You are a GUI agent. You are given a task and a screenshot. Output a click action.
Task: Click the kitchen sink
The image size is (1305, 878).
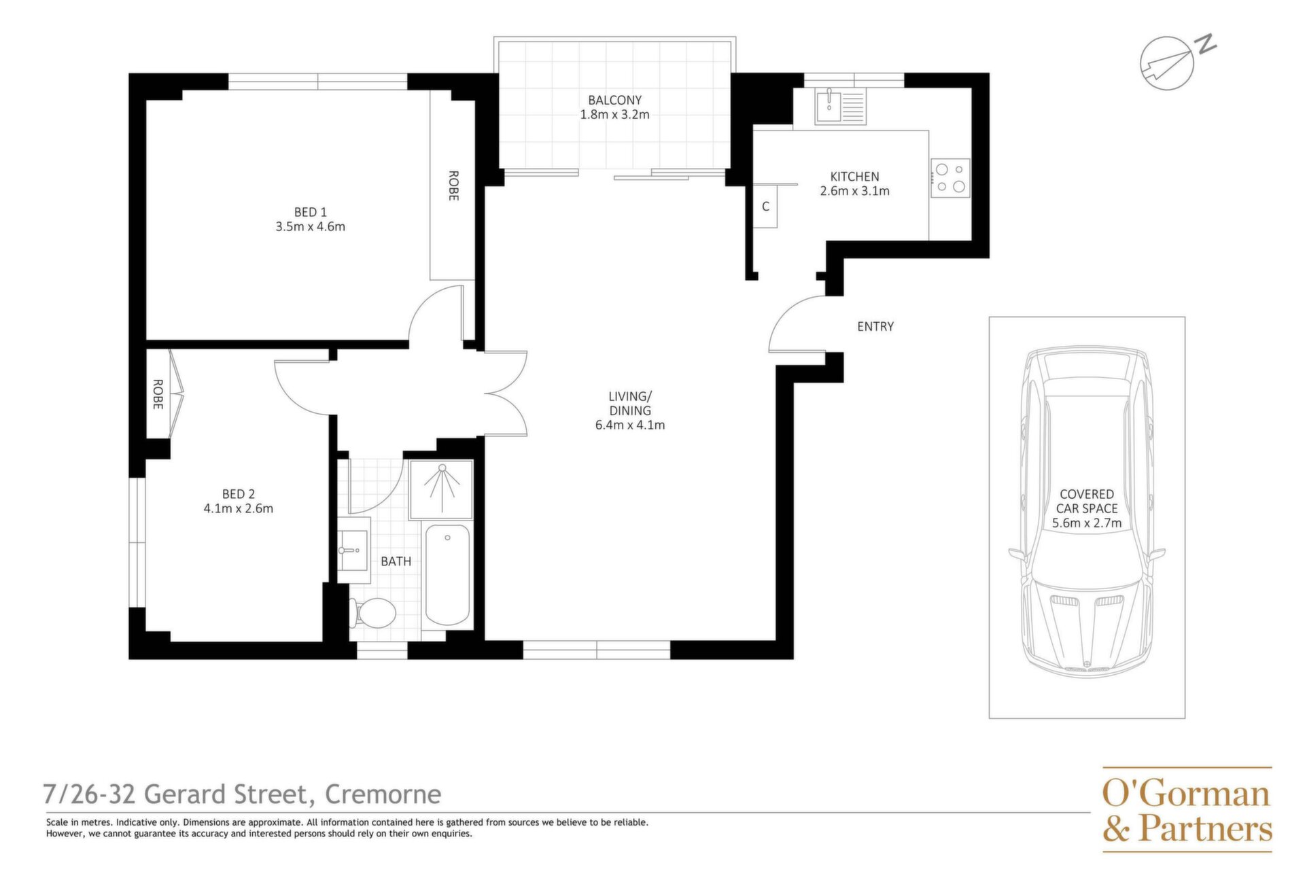tap(841, 107)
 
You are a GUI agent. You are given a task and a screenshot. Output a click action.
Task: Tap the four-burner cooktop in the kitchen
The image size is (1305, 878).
tap(950, 178)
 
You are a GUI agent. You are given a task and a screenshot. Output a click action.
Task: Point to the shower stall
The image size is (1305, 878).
tap(441, 489)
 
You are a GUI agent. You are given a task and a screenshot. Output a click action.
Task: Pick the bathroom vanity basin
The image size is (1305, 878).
tap(353, 550)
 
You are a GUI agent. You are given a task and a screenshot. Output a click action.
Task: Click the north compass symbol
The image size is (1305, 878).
tap(1172, 61)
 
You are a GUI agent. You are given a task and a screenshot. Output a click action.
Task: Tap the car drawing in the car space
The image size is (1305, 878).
tap(1087, 511)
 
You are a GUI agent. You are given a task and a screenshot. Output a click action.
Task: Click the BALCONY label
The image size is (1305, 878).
tap(614, 100)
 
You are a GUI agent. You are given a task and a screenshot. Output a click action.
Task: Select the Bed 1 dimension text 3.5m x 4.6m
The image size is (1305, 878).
tap(311, 226)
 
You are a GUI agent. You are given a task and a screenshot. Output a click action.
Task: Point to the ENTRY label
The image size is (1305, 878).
tap(875, 326)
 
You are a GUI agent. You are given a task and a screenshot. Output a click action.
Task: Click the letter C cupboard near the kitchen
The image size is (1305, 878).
tap(765, 206)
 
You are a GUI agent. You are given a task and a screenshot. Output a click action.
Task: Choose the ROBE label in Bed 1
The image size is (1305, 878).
tap(453, 186)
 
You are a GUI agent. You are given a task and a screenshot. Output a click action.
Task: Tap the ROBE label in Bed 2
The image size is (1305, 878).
tap(158, 394)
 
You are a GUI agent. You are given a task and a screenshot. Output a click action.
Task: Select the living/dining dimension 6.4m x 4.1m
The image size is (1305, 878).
tap(630, 425)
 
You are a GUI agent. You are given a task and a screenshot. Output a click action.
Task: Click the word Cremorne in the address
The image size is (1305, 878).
tap(383, 794)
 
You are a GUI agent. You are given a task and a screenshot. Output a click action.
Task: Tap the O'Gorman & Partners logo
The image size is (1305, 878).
tap(1187, 809)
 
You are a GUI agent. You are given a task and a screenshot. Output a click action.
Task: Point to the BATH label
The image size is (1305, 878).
tap(396, 561)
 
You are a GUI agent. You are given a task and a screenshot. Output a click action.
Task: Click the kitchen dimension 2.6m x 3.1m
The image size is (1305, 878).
tap(854, 191)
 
